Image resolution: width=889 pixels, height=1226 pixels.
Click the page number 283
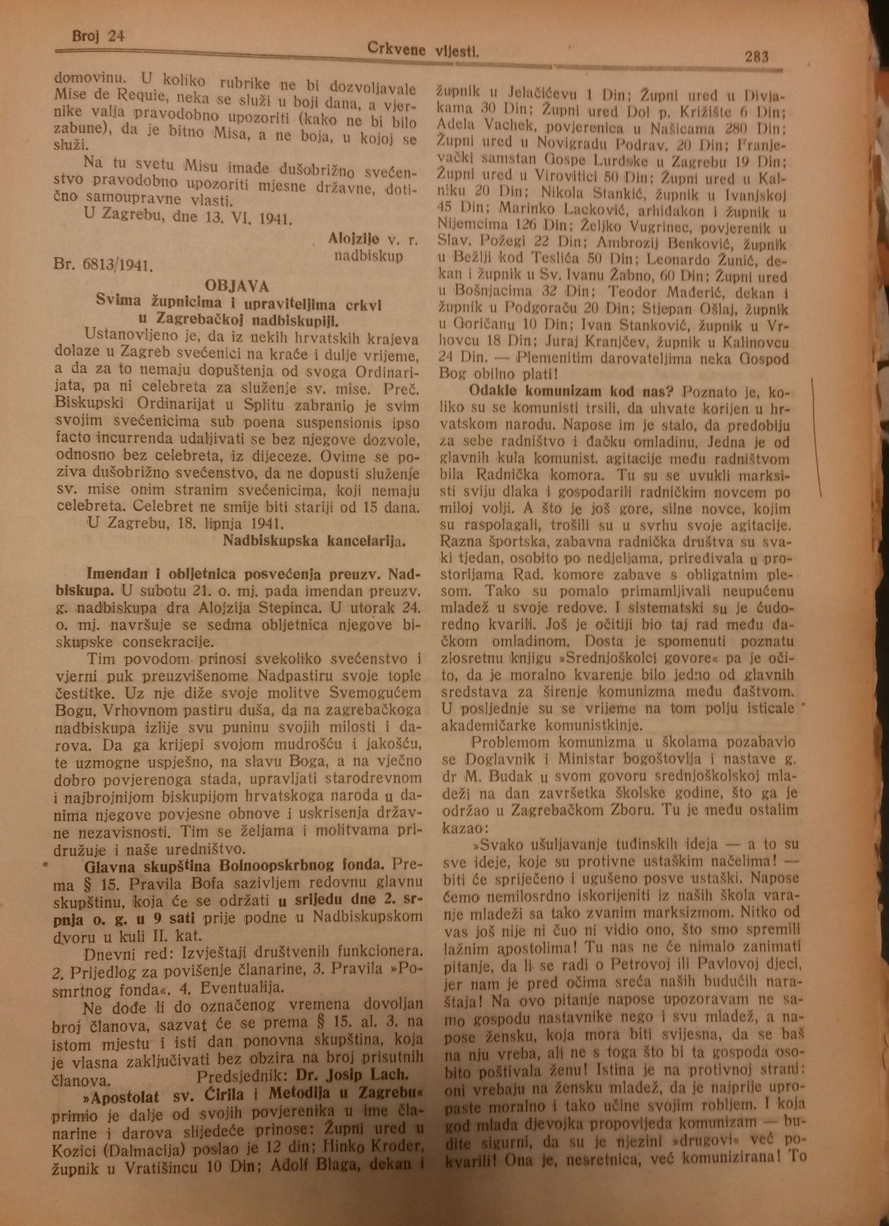755,56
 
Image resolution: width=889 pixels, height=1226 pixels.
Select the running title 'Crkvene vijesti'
424,50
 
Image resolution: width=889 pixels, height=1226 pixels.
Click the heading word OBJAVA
237,285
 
